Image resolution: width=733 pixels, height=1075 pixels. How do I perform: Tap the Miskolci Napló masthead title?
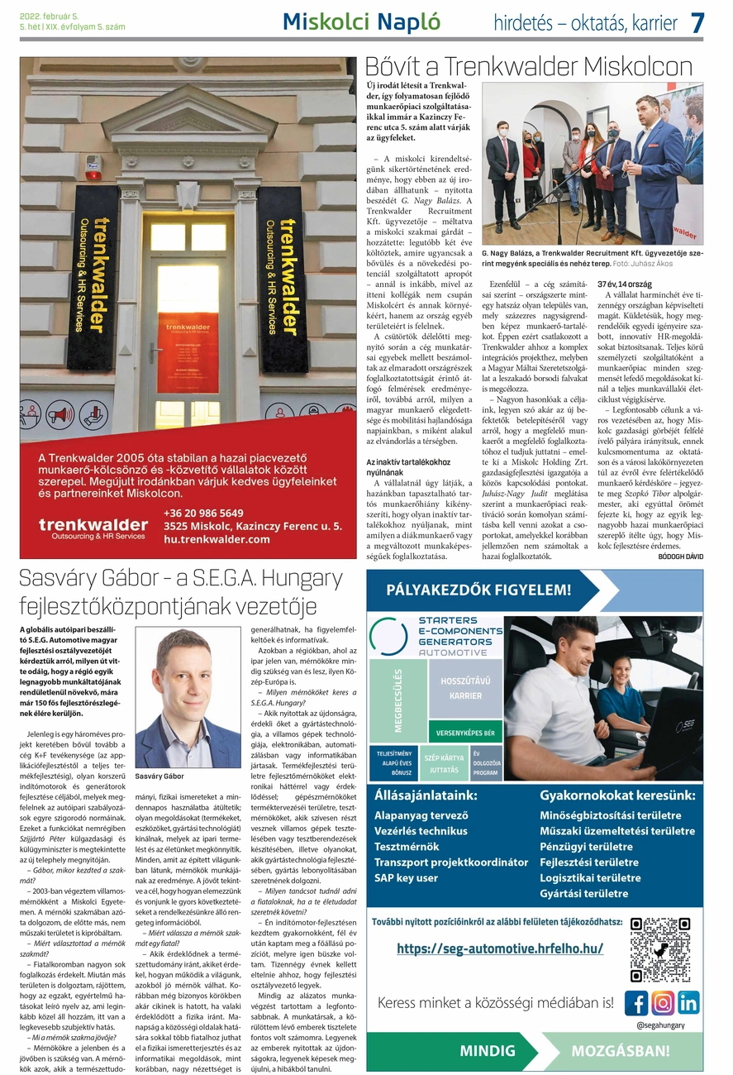361,22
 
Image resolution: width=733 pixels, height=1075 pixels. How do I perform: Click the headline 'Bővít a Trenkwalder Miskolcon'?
529,66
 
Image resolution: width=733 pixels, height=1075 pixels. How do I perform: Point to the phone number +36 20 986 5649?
203,513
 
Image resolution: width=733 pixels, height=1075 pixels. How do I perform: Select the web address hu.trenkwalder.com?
217,539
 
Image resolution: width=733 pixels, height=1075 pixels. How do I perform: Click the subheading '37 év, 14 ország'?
619,284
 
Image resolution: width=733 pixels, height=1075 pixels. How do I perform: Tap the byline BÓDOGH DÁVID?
680,557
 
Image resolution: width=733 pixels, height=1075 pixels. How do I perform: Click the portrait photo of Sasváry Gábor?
188,698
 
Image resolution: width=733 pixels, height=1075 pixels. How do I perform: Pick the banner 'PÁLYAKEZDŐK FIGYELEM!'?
478,590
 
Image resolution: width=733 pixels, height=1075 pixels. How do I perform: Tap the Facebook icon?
635,1002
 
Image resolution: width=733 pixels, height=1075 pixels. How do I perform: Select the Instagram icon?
662,1002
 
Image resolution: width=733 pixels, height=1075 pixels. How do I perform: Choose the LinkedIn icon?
688,1002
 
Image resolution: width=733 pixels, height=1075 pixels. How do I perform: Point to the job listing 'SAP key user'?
406,877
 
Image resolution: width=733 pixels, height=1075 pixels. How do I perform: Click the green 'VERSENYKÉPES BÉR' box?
465,733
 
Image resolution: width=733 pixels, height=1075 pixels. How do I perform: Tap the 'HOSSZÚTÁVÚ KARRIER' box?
465,688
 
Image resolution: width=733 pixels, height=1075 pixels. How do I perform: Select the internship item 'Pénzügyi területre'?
586,846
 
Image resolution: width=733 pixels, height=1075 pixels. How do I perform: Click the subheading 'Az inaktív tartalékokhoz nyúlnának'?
408,467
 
